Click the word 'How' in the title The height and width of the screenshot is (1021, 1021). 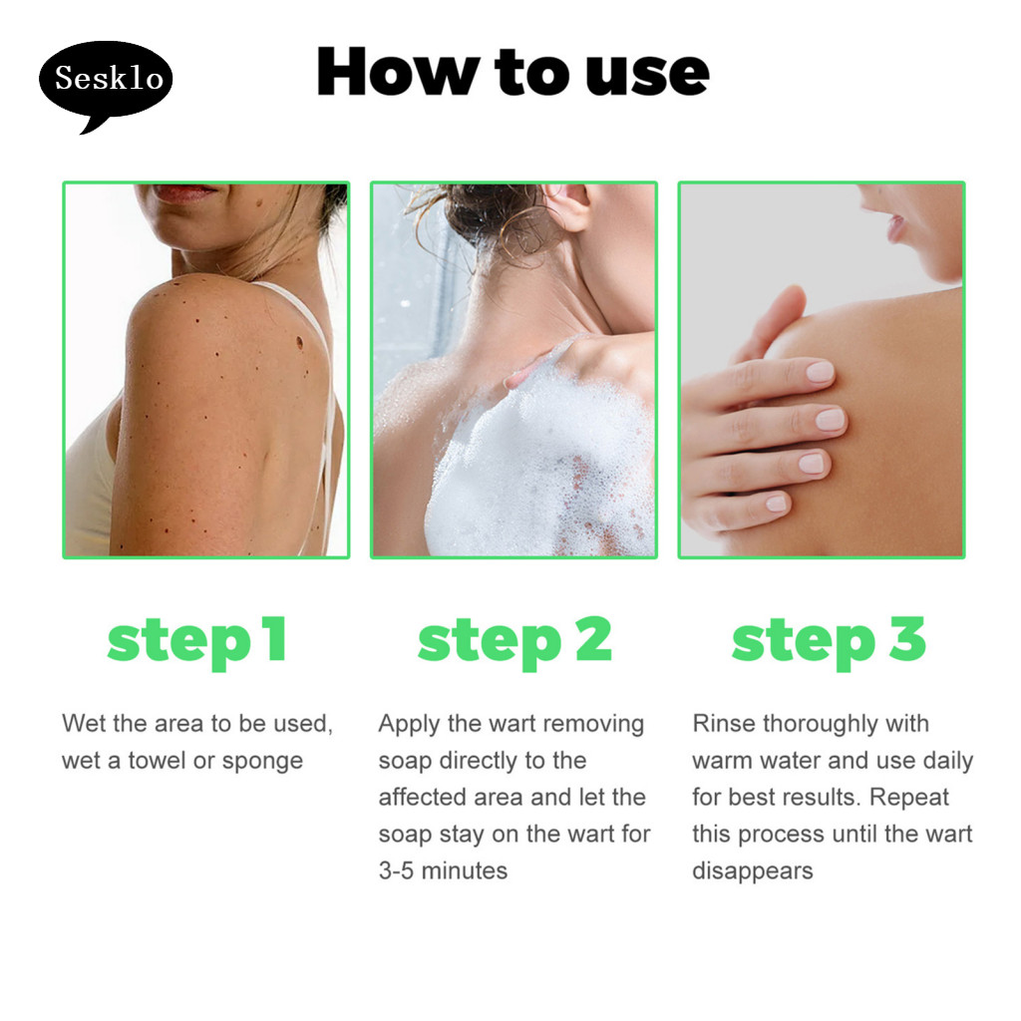[x=398, y=72]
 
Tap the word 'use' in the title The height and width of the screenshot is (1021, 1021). [x=647, y=75]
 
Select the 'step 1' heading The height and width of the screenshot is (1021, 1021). [x=196, y=641]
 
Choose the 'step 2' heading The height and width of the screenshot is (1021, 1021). [x=514, y=641]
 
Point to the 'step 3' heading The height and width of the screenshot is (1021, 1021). [x=829, y=641]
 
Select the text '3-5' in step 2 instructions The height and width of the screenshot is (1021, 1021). [x=396, y=870]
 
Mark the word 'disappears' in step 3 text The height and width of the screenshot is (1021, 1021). [x=753, y=871]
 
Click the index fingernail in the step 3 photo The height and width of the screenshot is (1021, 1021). [x=820, y=372]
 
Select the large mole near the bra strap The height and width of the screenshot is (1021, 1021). [x=300, y=342]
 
